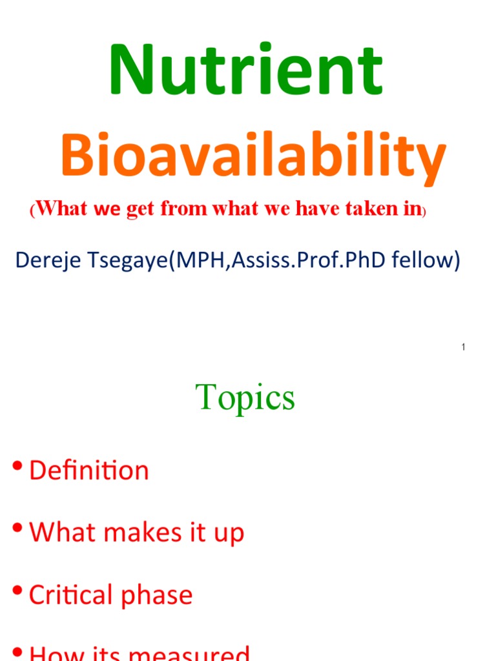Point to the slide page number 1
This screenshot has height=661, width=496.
(464, 348)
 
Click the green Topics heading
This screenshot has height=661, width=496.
(245, 398)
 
